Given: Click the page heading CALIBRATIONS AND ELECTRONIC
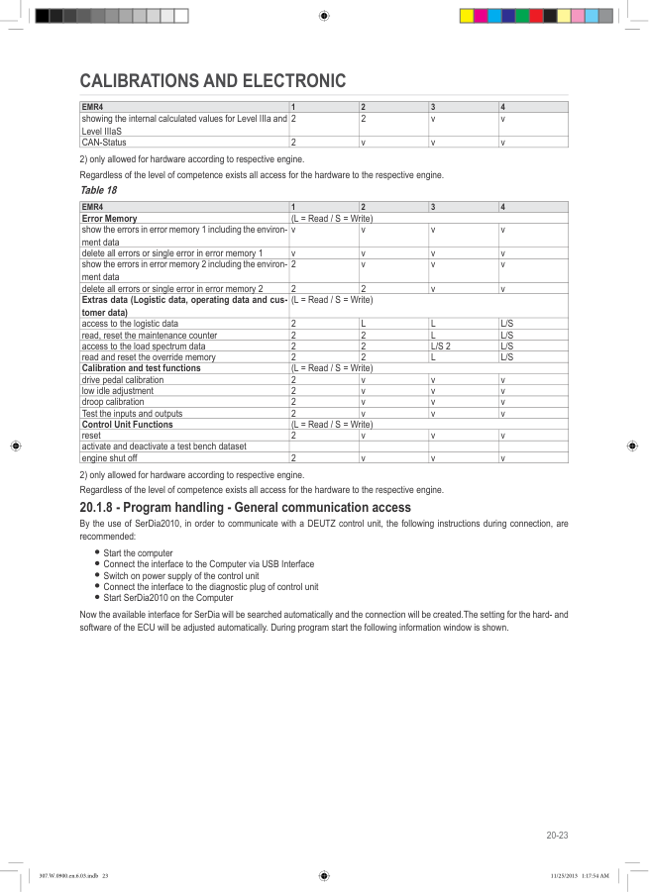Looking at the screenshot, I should click(x=212, y=80).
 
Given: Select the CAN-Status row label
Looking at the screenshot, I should click(x=103, y=143).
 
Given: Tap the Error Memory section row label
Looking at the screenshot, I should click(x=109, y=217).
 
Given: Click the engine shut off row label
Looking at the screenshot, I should click(x=109, y=458).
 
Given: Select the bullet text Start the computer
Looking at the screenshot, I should click(x=138, y=552).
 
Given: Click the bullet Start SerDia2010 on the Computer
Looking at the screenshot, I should click(x=168, y=597).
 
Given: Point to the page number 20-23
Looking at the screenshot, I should click(x=557, y=837).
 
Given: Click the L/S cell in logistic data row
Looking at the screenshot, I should click(x=506, y=324).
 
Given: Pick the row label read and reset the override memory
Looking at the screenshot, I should click(x=149, y=356).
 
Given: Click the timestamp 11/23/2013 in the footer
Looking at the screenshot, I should click(x=563, y=875).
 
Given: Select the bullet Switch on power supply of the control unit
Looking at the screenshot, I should click(x=181, y=575).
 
